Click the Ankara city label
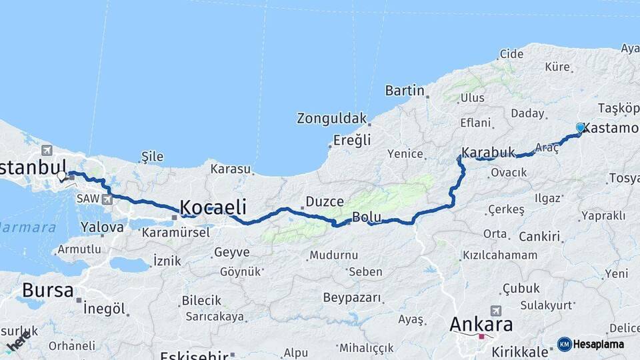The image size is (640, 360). click(481, 325)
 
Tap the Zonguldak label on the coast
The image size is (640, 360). click(332, 119)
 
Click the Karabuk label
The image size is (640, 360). click(489, 153)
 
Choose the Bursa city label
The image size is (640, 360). click(47, 290)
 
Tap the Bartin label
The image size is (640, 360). click(405, 90)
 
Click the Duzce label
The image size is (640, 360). click(325, 201)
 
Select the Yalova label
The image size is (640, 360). click(102, 227)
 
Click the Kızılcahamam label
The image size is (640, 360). click(499, 255)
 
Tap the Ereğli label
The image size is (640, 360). click(351, 141)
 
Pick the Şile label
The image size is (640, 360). click(152, 157)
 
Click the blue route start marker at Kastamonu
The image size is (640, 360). click(580, 127)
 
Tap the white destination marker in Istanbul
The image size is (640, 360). click(62, 176)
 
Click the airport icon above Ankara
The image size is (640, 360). click(495, 311)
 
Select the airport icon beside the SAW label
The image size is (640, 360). click(106, 199)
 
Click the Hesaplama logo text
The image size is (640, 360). click(598, 344)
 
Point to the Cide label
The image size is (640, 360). click(511, 53)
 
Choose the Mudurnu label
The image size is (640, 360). click(333, 255)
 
